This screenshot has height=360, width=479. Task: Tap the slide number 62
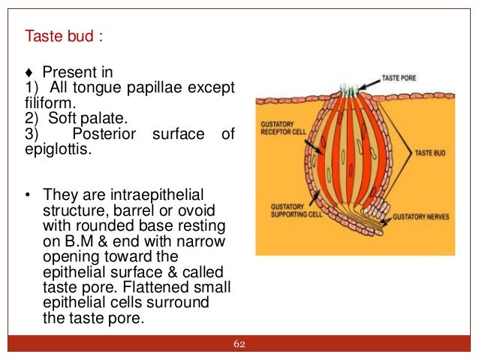pyautogui.click(x=239, y=344)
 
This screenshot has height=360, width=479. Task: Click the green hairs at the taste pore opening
pyautogui.click(x=351, y=90)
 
